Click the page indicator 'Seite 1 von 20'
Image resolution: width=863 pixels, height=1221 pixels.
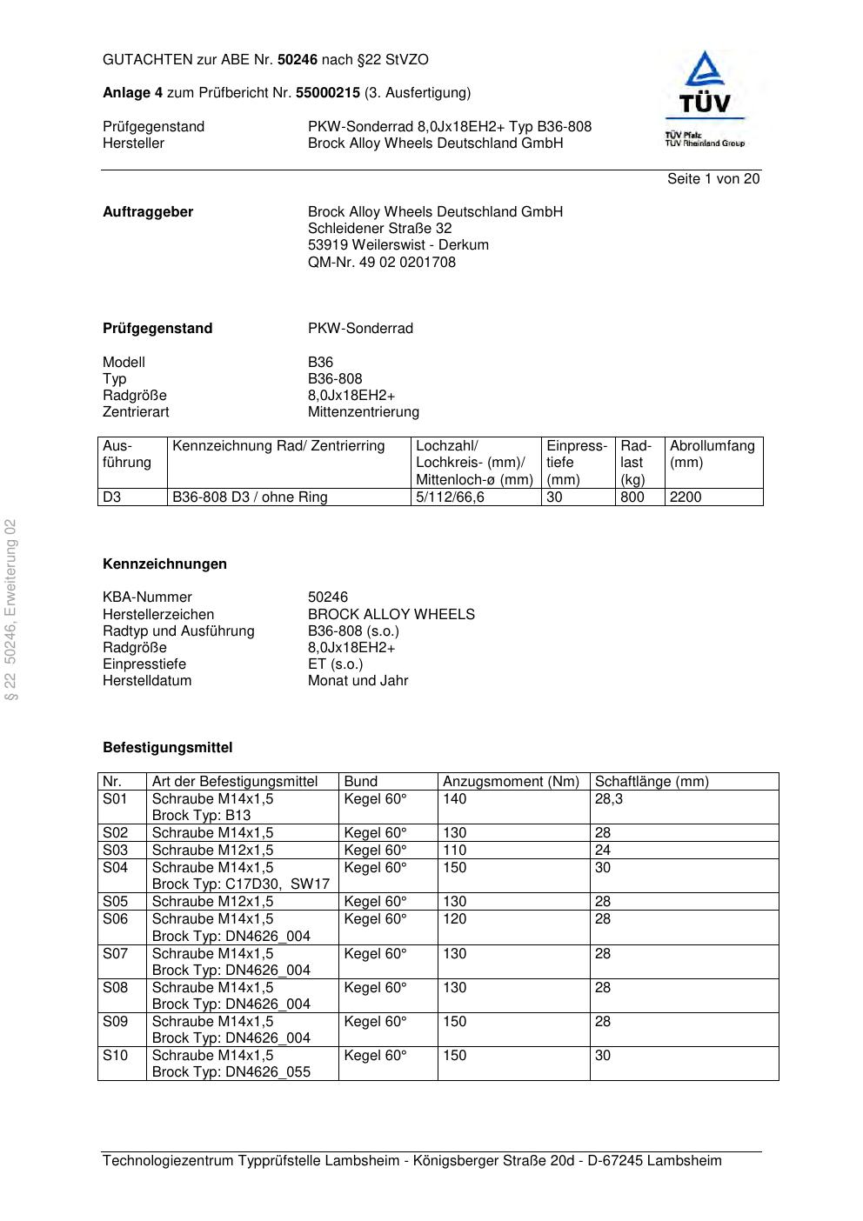(x=712, y=179)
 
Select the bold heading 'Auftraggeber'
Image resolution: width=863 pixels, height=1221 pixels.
(x=148, y=212)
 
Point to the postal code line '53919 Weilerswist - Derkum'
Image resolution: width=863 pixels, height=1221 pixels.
(x=398, y=245)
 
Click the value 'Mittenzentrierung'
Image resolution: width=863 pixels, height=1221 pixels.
(x=363, y=412)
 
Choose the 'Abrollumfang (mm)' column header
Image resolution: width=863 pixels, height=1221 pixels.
(x=712, y=454)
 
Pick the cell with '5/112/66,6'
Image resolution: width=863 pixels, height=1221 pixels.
(x=450, y=497)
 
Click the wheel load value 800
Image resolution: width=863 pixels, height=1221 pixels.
(x=632, y=497)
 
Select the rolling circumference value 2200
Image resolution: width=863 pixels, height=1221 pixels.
(x=686, y=497)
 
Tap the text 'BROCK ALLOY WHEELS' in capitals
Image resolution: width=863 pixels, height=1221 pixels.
(x=391, y=614)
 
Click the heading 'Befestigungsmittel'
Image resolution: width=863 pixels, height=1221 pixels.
(x=167, y=747)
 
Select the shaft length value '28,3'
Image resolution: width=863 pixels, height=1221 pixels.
(x=609, y=798)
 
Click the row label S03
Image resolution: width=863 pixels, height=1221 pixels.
(x=115, y=850)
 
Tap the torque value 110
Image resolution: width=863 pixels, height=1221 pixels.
(x=454, y=850)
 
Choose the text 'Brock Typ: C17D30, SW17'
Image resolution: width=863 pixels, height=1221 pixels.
(x=240, y=884)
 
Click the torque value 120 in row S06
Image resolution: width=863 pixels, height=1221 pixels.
(x=454, y=919)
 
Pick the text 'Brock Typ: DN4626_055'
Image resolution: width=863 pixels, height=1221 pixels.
(x=231, y=1071)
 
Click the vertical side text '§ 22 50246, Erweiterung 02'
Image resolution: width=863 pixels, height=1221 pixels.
(x=11, y=610)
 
